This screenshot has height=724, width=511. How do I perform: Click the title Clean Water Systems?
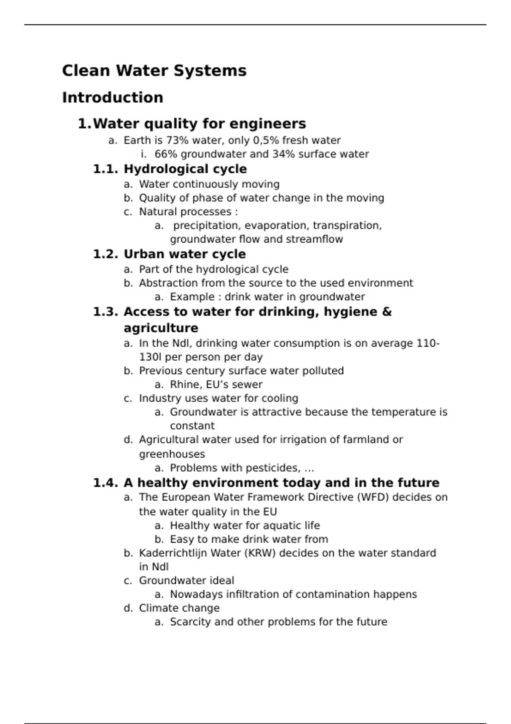point(154,71)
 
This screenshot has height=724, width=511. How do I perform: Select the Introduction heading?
point(112,98)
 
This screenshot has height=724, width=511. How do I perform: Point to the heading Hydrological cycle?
point(185,169)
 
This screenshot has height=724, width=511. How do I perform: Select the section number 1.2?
point(105,254)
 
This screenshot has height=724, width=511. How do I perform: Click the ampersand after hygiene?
point(387,312)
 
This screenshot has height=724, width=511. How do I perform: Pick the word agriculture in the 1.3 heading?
point(161,328)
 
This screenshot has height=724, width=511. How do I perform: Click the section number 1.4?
point(105,483)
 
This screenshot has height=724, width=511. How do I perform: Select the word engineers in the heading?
point(268,124)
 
